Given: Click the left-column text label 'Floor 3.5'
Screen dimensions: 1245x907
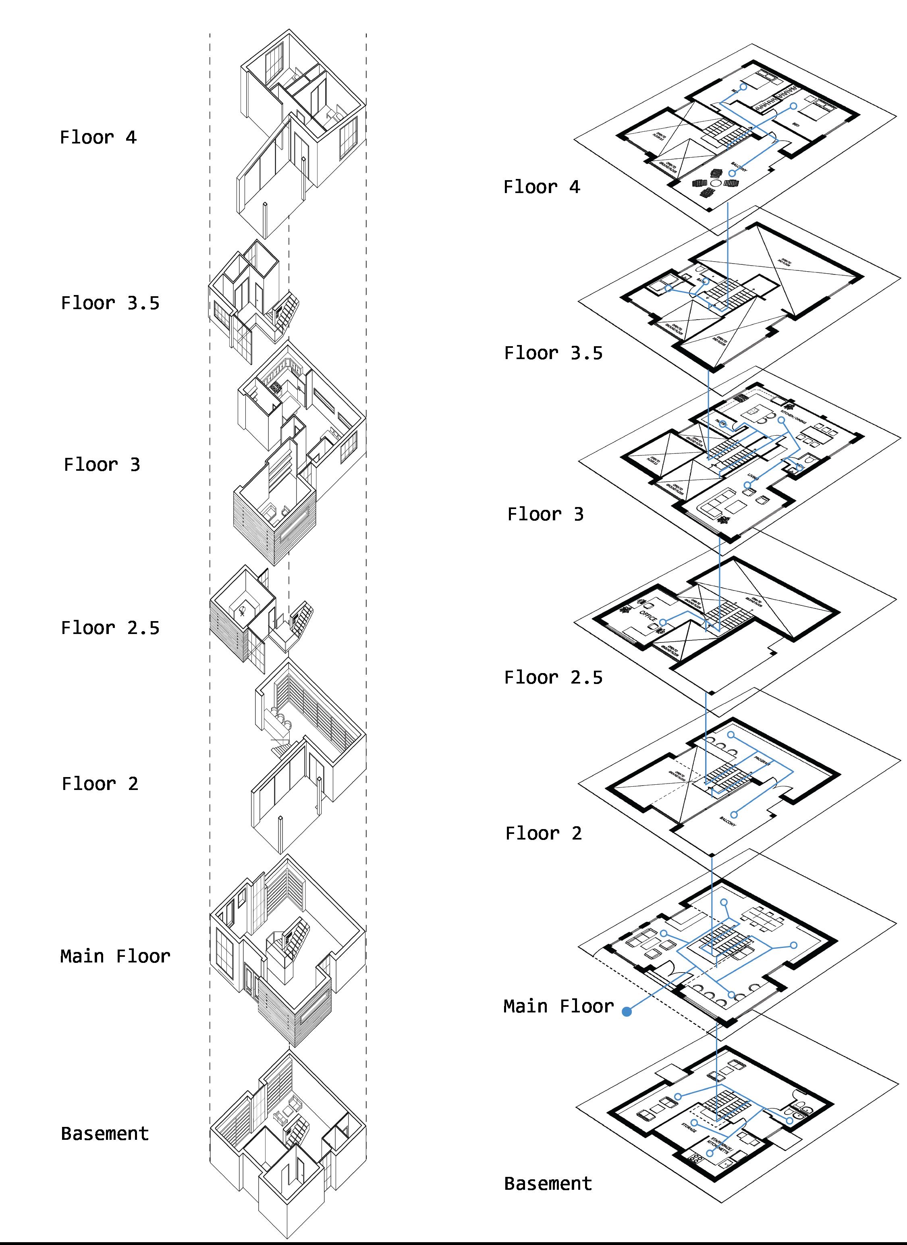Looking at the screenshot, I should pos(110,303).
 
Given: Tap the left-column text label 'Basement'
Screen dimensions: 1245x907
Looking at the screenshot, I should pos(104,1133).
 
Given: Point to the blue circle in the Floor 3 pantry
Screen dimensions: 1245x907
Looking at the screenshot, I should pos(723,424).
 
